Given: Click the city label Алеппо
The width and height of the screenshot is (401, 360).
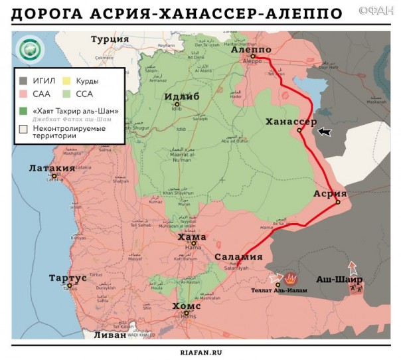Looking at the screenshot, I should pos(252,50).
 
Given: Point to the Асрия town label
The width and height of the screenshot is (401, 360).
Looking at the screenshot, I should pos(330,193).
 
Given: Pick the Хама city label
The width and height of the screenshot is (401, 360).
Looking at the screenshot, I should pos(192,236).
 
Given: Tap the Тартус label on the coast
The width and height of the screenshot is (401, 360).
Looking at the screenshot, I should pos(68,277).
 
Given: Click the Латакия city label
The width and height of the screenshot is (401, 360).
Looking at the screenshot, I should pos(52,169).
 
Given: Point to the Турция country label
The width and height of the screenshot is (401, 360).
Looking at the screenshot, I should pos(110,39).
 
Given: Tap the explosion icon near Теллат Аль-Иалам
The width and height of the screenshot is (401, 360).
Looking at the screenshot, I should pos(291,278).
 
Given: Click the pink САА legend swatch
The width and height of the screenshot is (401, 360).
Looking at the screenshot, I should pos(23,94).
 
